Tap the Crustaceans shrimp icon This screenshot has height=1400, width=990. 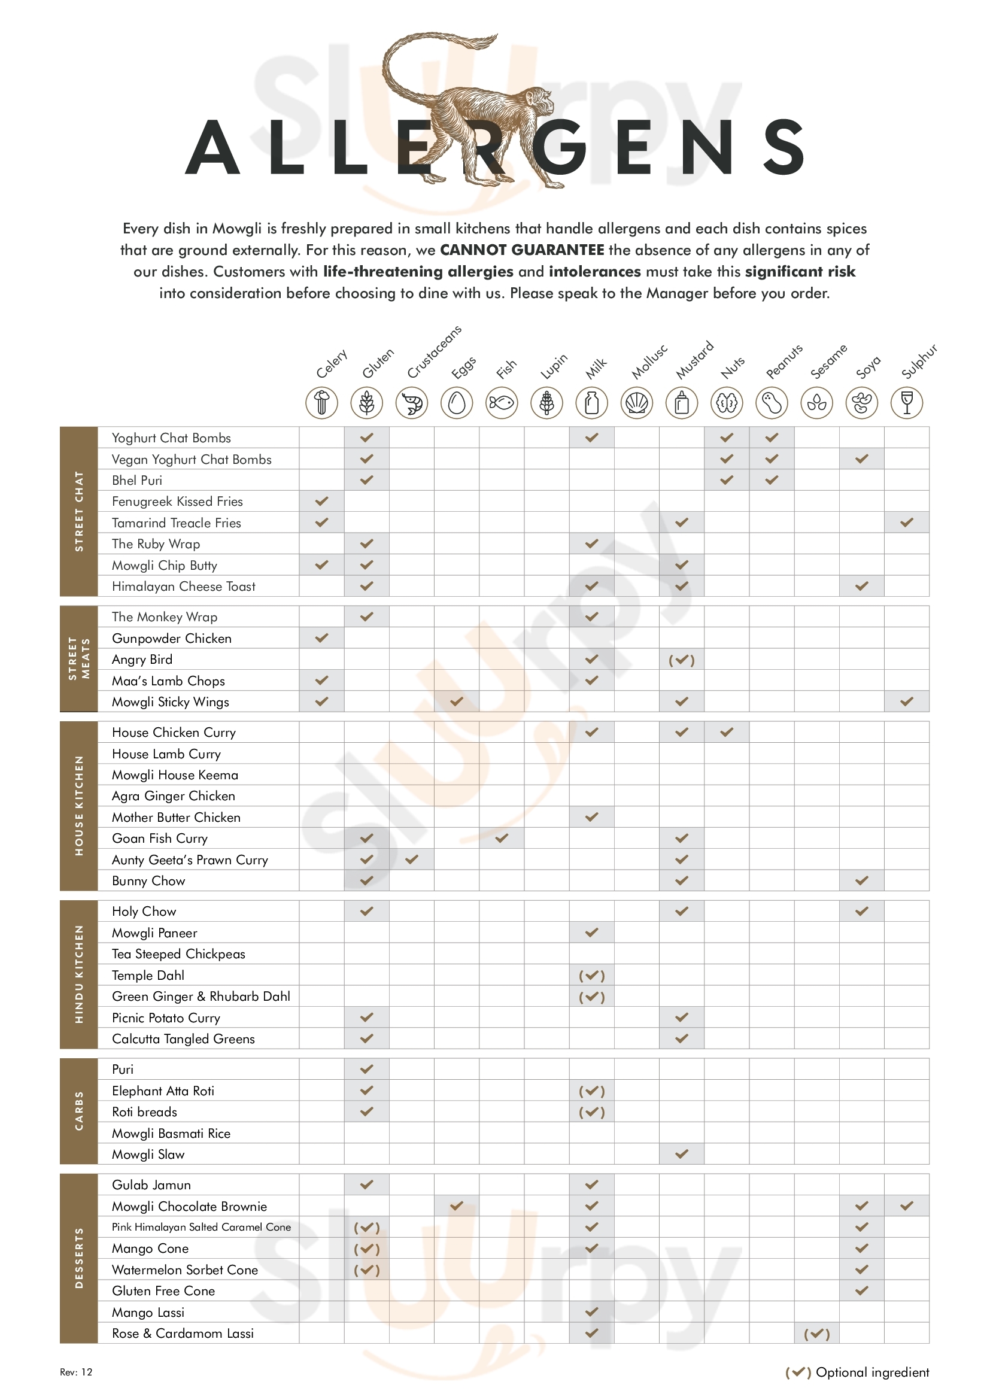(x=412, y=403)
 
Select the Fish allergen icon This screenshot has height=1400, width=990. (x=502, y=403)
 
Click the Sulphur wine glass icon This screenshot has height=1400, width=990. (x=906, y=403)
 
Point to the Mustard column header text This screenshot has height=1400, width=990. (x=694, y=360)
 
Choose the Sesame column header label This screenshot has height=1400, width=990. (x=829, y=362)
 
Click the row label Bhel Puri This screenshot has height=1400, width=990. (x=137, y=481)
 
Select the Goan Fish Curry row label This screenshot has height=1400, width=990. (x=160, y=839)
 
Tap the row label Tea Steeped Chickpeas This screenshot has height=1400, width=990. (x=178, y=953)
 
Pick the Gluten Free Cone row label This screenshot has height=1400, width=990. (x=163, y=1291)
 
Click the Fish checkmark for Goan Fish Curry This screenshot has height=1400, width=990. (x=502, y=839)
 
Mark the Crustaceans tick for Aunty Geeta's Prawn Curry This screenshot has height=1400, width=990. (x=412, y=860)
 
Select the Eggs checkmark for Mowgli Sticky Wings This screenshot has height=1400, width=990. (x=457, y=702)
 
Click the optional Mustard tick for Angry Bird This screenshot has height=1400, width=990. (x=682, y=660)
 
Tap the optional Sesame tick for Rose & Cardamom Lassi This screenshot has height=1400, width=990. (x=817, y=1334)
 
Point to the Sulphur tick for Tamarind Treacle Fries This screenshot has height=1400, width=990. (x=906, y=523)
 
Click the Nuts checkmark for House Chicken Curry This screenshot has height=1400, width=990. (x=727, y=732)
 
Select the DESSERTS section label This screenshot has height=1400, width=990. (x=78, y=1258)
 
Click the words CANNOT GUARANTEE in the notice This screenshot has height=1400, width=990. (x=522, y=250)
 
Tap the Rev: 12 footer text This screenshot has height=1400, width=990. (x=76, y=1372)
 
